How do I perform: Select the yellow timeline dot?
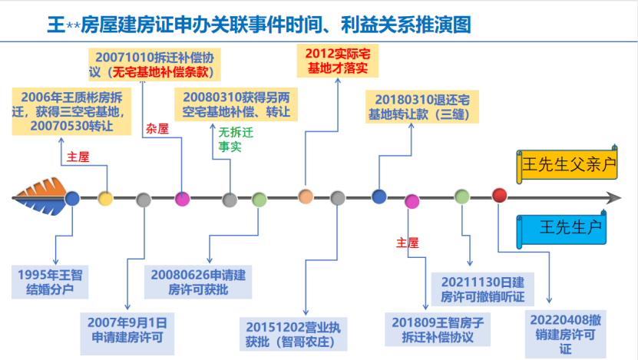click(x=106, y=199)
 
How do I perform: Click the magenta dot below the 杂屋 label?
click(x=182, y=199)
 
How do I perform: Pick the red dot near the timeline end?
click(x=500, y=196)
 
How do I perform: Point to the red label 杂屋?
click(x=156, y=127)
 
